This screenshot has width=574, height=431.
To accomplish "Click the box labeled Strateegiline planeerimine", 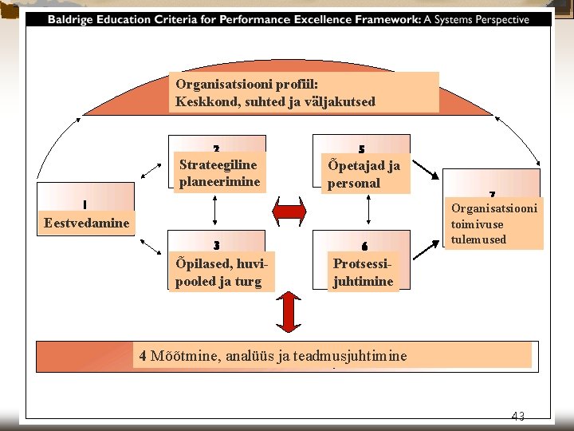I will tap(219, 173).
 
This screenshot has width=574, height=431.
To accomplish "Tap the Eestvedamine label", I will tap(87, 223).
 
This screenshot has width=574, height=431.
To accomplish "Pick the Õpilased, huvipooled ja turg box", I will tap(219, 272).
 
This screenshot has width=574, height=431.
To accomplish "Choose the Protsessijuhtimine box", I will tap(363, 272).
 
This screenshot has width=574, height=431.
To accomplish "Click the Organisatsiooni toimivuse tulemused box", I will tap(492, 223).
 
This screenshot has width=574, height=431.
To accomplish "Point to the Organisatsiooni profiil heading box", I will tap(304, 93).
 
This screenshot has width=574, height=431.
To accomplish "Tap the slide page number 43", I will tap(518, 415).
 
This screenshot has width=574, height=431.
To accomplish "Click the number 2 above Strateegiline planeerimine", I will tap(217, 148).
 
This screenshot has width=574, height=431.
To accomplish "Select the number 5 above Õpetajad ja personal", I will tap(362, 149).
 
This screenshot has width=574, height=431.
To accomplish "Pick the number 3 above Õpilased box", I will tap(217, 245).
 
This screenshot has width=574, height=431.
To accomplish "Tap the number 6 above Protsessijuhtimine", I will tap(364, 245).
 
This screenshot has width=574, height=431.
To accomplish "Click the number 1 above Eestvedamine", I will tap(85, 204).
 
